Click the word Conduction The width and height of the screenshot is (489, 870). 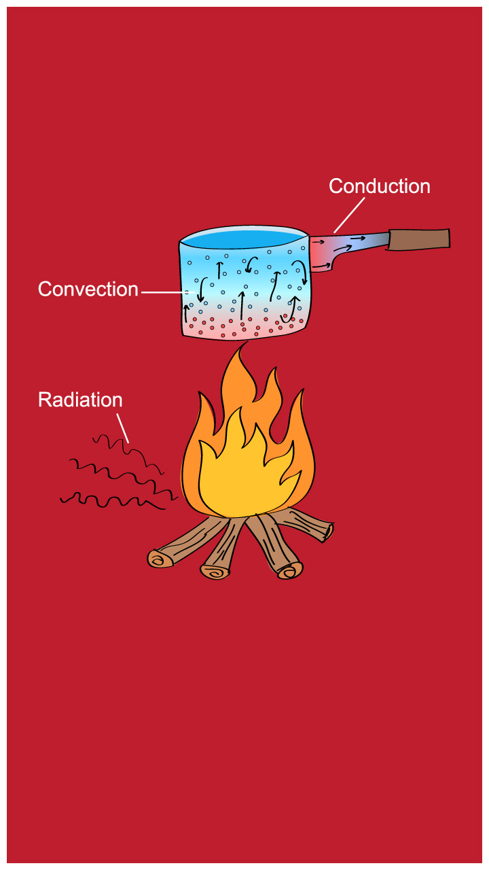(379, 186)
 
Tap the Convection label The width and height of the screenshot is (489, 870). (88, 289)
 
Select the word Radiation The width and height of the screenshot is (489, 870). (80, 400)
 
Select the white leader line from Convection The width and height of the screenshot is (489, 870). (166, 292)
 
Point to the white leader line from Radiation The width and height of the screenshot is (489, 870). (122, 425)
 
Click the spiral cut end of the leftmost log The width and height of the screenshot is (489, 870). (160, 559)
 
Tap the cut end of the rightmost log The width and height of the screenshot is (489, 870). (328, 530)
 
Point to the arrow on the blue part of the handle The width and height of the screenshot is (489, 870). (358, 239)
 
